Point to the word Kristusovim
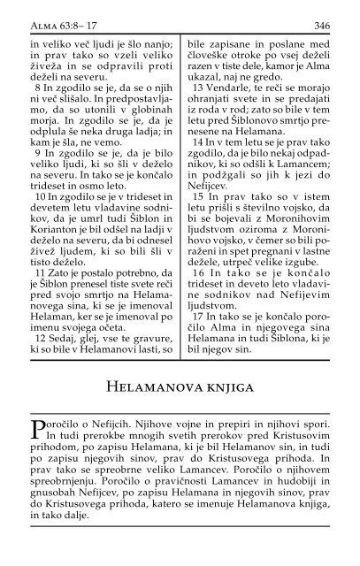click(299, 450)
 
